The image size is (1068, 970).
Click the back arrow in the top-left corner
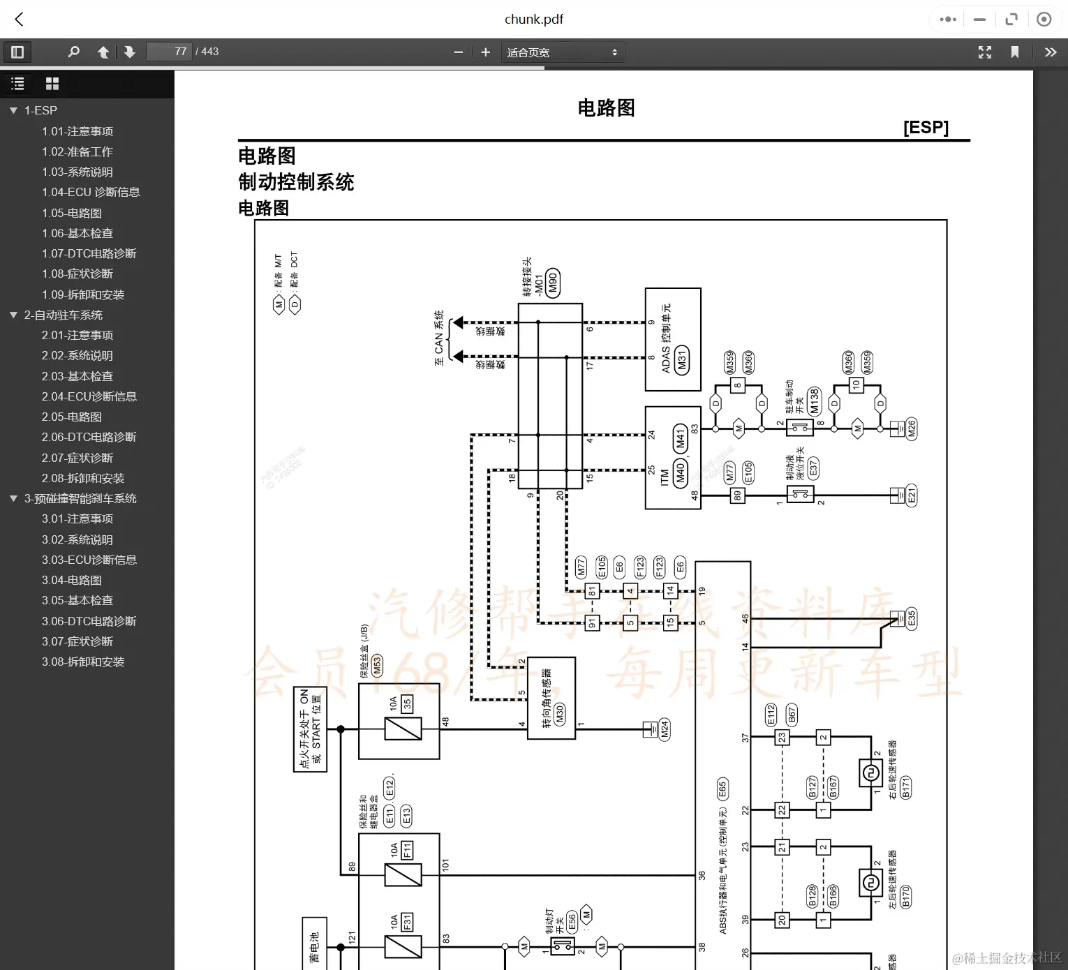(x=20, y=20)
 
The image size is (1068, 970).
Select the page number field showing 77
(x=170, y=52)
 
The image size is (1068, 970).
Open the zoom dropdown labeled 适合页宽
(x=562, y=52)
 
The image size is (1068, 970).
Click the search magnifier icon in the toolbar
(x=73, y=52)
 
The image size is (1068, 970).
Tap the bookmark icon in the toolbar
(x=1015, y=52)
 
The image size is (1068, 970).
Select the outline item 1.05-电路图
(x=72, y=213)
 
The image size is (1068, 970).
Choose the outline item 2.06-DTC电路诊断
(x=89, y=437)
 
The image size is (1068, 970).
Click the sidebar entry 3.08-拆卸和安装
(x=83, y=662)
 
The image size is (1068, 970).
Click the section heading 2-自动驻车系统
(x=63, y=315)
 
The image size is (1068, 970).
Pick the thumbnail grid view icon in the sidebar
(x=52, y=84)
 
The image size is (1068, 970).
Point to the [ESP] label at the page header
(x=926, y=127)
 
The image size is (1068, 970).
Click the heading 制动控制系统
(x=296, y=182)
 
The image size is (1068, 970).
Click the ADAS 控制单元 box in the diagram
(x=672, y=339)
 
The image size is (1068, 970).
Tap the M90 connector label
(x=553, y=283)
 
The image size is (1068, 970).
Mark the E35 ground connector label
(x=911, y=618)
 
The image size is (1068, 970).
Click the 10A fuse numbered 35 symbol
(x=403, y=729)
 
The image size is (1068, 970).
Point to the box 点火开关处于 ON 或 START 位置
(x=310, y=729)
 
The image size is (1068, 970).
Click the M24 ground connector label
(x=665, y=729)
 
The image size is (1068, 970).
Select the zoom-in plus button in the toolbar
(x=486, y=52)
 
